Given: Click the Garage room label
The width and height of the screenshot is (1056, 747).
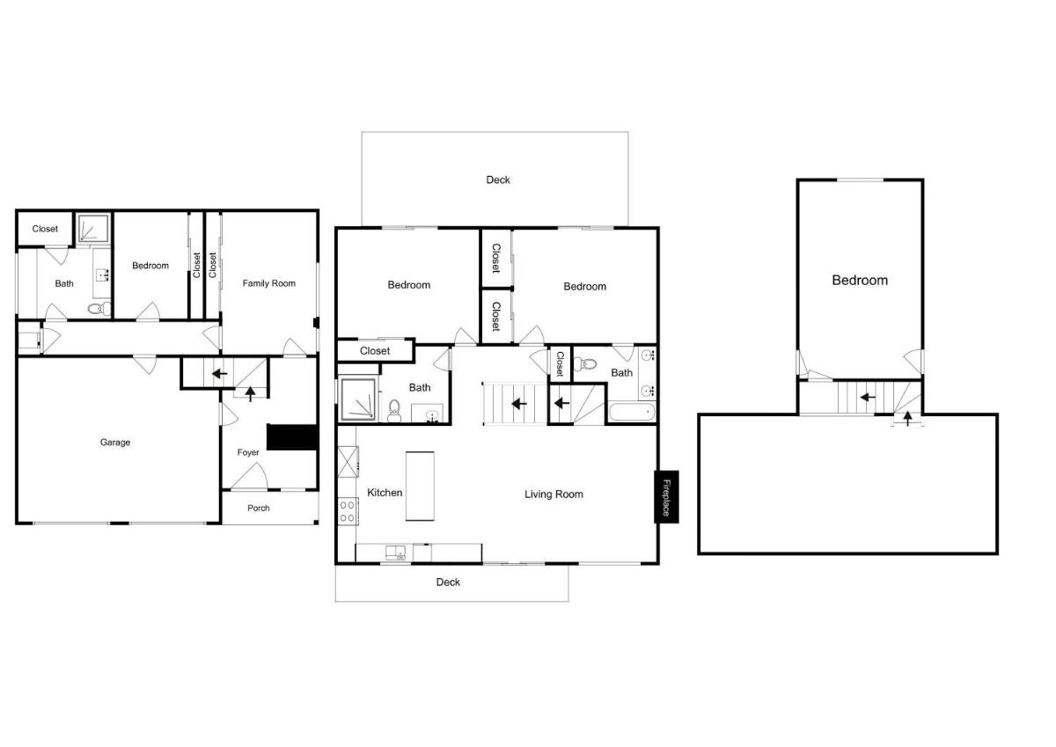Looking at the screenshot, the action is pos(115,443).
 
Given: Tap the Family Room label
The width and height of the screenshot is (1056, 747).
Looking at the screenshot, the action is pos(268,283).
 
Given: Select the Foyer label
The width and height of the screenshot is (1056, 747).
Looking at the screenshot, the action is pos(248,452).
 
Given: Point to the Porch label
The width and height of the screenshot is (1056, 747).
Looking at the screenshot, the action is pos(259,508).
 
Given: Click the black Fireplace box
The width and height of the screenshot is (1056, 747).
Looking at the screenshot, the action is pos(666,497).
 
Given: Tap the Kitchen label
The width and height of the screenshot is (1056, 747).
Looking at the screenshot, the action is pos(385,493).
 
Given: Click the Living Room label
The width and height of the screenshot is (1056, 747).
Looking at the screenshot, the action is pos(554,494).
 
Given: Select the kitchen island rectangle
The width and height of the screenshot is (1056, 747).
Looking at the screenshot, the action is pos(420,486).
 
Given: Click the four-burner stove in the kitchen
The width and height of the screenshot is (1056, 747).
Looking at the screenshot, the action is pos(348,511).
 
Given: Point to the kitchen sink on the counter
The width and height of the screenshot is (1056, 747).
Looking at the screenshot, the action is pos(395,553).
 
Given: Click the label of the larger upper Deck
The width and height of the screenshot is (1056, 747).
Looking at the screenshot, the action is pos(498,179).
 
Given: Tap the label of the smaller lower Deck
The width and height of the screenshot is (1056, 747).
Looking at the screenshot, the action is pos(448,582).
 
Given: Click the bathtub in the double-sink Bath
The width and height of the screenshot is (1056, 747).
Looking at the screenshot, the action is pos(632,412).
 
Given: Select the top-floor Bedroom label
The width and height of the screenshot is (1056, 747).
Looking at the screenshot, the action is pos(860,281).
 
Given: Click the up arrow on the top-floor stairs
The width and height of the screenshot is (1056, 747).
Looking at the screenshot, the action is pos(907,419).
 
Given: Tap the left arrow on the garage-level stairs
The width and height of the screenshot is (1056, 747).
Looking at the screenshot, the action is pos(220,374).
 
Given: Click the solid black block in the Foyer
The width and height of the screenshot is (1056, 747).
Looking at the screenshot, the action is pos(292,437).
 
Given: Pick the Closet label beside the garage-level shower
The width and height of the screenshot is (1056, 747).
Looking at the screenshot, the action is pos(45,229).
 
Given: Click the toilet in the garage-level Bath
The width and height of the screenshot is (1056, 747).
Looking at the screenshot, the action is pos(99,309).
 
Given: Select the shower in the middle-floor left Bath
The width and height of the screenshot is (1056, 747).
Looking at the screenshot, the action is pos(358,399).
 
